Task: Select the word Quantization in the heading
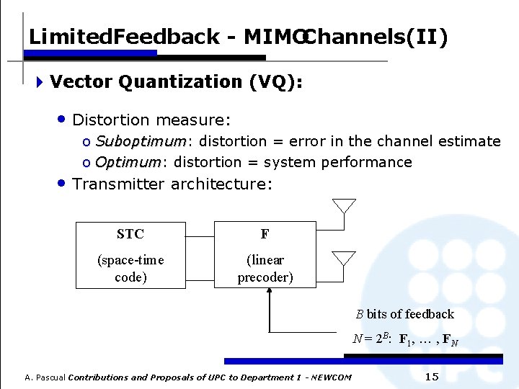[179, 82]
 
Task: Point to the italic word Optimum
[128, 162]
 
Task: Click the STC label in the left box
[130, 234]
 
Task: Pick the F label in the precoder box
[265, 234]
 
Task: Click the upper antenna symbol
[344, 205]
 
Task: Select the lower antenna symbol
[344, 258]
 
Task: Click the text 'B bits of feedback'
[404, 314]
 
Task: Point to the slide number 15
[432, 377]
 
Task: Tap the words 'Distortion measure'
[151, 120]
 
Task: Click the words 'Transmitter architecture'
[172, 184]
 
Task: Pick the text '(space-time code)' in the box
[130, 268]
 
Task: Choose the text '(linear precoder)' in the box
[265, 268]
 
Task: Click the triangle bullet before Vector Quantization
[40, 82]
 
